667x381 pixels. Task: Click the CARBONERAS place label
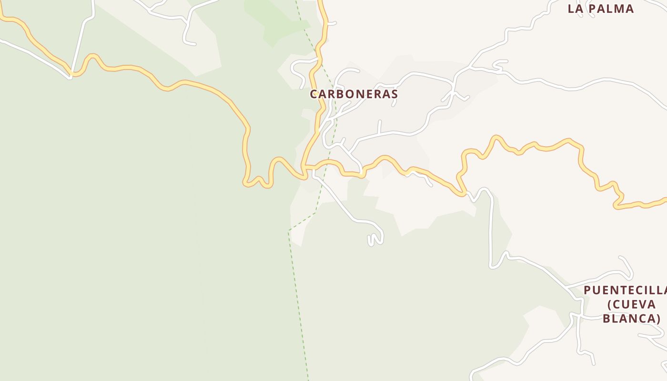354,94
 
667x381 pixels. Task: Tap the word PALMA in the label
612,9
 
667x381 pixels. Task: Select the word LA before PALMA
576,9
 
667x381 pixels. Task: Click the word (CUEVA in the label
632,304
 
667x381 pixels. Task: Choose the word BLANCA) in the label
632,319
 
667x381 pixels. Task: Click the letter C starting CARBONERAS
313,94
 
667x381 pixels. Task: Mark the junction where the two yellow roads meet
305,167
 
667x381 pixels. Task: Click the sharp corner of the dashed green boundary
289,231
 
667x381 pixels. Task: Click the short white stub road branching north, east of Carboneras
380,126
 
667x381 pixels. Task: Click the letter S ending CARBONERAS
394,94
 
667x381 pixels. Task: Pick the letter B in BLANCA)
606,319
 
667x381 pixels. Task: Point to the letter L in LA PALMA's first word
571,9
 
